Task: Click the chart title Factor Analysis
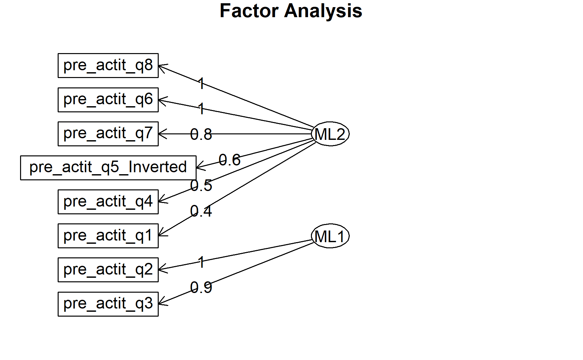click(x=291, y=11)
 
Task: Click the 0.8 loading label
click(x=201, y=134)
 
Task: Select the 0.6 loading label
click(x=230, y=160)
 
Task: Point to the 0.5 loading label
click(x=201, y=186)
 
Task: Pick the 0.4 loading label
click(x=201, y=211)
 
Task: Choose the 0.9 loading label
click(x=201, y=287)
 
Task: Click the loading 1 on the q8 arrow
click(x=201, y=84)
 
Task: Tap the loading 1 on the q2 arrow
click(x=201, y=262)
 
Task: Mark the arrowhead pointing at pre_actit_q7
click(x=163, y=134)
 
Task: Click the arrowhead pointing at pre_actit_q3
click(x=163, y=301)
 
